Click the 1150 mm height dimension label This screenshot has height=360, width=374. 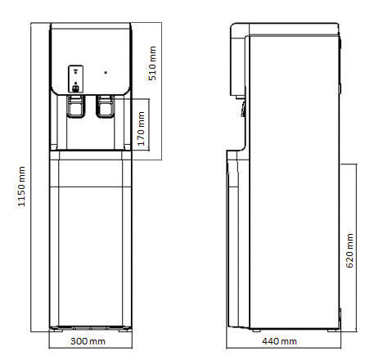21,187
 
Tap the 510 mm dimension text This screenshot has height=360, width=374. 152,63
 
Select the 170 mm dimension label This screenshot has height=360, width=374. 141,128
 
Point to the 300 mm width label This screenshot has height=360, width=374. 88,341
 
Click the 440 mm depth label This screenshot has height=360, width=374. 279,341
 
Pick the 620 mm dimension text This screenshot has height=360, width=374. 349,250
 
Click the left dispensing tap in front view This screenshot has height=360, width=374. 75,106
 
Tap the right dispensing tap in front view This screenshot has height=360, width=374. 105,106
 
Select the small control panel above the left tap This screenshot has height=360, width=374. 75,79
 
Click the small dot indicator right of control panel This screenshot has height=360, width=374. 106,73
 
